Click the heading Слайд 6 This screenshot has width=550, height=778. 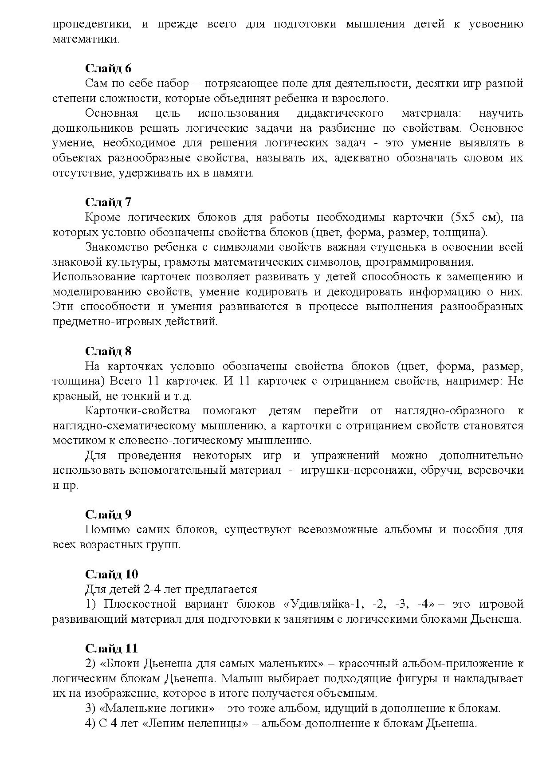click(x=108, y=68)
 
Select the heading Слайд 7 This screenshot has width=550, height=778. click(x=108, y=202)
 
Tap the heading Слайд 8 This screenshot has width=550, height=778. click(x=108, y=351)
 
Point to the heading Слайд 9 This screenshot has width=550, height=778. click(x=108, y=515)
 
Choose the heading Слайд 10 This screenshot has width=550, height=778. click(x=111, y=574)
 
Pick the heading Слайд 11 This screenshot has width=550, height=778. click(x=111, y=648)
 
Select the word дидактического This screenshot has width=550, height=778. click(x=340, y=113)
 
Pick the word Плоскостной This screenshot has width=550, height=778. click(x=140, y=604)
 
